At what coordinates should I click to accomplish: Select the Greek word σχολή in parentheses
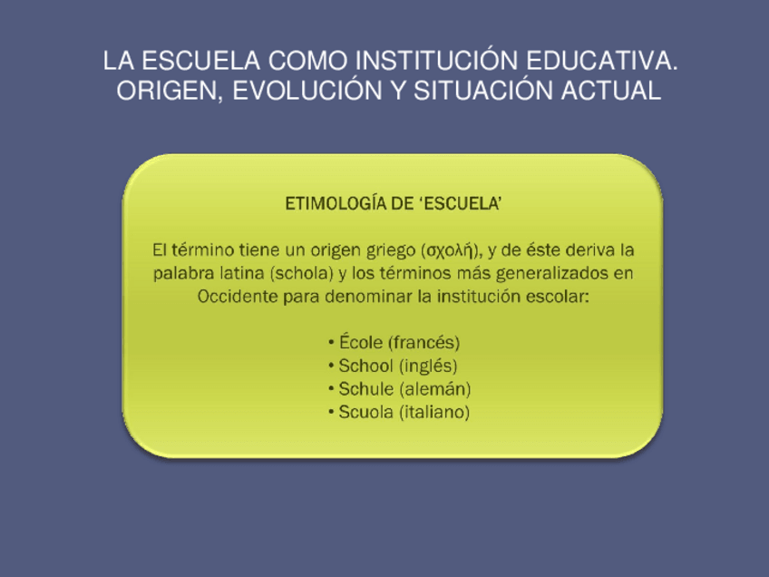click(449, 249)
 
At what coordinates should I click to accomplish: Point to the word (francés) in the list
click(423, 343)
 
